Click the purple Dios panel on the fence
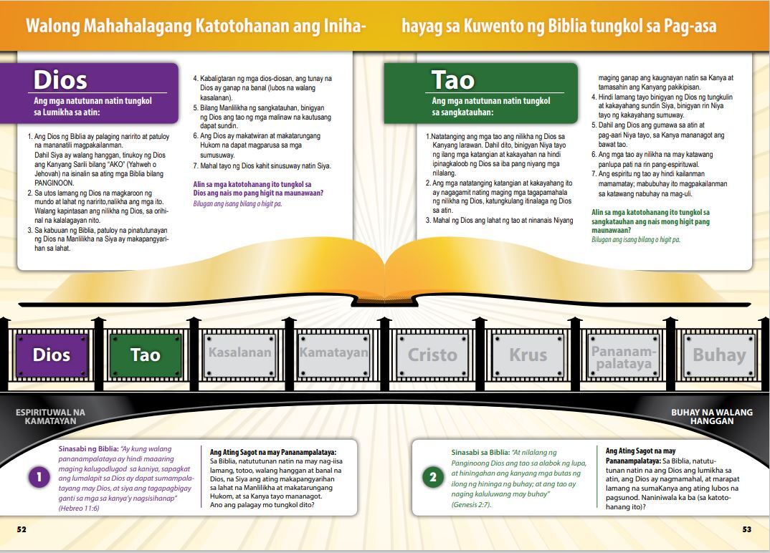coord(52,355)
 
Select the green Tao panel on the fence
coord(146,355)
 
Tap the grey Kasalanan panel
coord(239,355)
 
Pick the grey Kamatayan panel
coord(334,355)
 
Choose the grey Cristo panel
coord(432,355)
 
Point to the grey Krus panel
coord(528,355)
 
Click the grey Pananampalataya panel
coord(624,355)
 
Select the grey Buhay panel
coord(719,355)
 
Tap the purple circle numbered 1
coord(39,477)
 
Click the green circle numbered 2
coord(432,478)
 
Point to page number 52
coord(22,529)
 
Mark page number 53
coord(747,529)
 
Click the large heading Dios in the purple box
coord(60,80)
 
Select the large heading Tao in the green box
coord(453,80)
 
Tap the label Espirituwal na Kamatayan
coord(51,417)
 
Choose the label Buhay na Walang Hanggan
coord(711,417)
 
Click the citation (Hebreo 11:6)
coord(79,509)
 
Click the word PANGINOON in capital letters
coord(54,183)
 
